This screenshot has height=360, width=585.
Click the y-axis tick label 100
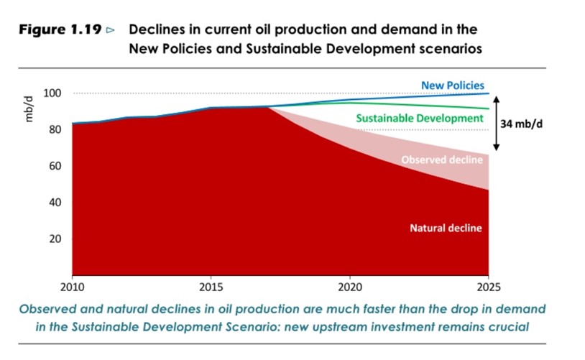(x=52, y=93)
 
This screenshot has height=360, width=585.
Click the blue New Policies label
(x=453, y=86)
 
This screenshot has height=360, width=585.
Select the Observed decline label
(x=441, y=160)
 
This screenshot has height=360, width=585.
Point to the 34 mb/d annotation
(x=521, y=124)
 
